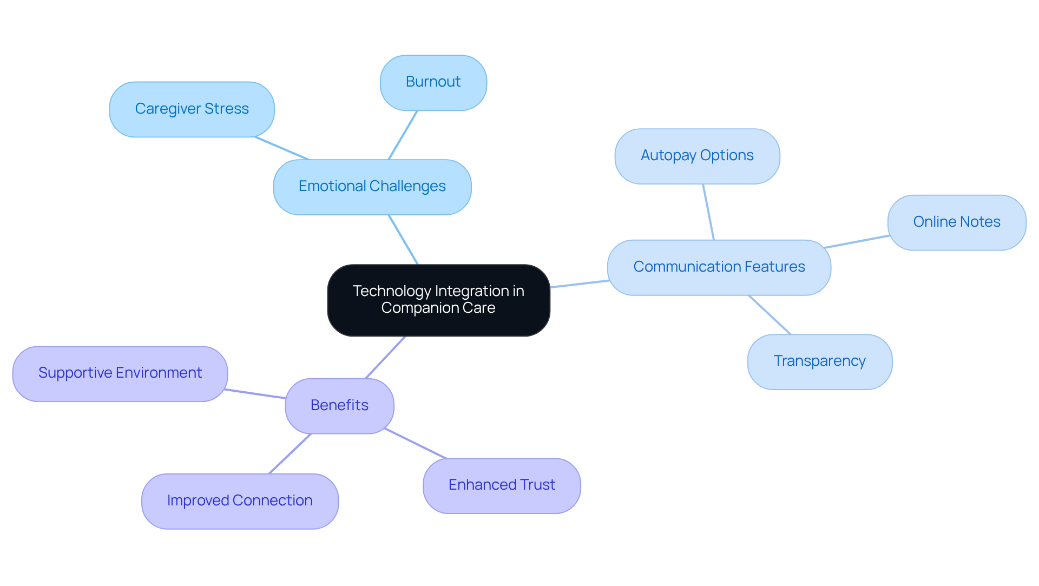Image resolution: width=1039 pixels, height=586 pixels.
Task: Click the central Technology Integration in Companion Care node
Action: (438, 300)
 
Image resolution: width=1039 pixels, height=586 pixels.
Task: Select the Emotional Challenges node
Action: (372, 187)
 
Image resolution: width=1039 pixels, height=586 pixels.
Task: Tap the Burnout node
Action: (433, 82)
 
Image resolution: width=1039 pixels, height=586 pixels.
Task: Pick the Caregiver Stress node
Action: (192, 109)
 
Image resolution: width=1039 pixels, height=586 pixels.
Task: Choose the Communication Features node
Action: (719, 267)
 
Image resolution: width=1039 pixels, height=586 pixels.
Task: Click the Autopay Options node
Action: (697, 156)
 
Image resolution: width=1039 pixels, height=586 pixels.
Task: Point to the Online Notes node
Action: (956, 222)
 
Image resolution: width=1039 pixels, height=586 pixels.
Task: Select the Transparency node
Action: (819, 361)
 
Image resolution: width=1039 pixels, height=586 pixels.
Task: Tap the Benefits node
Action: (339, 406)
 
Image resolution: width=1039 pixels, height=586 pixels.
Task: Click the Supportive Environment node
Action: (120, 373)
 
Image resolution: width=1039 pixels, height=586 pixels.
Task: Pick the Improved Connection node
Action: (240, 501)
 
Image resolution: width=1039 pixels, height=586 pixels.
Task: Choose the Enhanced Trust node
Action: (502, 485)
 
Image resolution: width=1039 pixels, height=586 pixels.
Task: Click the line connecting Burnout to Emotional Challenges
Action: (403, 135)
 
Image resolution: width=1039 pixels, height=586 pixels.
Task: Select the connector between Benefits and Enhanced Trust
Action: (415, 444)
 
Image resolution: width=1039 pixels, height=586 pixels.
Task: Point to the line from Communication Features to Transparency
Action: (770, 314)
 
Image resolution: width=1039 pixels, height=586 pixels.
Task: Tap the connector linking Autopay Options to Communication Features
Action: (708, 212)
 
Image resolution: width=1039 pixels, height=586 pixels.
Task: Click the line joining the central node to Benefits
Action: (385, 357)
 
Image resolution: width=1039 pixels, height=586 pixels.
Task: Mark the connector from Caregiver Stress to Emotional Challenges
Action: (281, 148)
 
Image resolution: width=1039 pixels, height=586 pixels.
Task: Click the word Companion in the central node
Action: (413, 308)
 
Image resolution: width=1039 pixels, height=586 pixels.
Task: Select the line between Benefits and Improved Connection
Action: (290, 453)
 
